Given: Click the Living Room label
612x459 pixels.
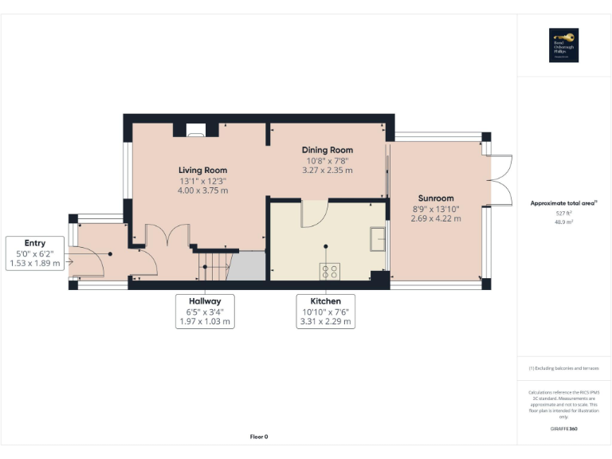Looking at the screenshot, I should pyautogui.click(x=202, y=170).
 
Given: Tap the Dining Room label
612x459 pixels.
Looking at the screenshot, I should pyautogui.click(x=327, y=150).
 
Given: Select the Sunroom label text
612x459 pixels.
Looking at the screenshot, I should pyautogui.click(x=436, y=198).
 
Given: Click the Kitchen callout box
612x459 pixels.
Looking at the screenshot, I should pyautogui.click(x=324, y=312).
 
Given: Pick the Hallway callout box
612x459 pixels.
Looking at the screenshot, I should pyautogui.click(x=205, y=312).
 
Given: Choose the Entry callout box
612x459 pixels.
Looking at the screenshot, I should pyautogui.click(x=35, y=253).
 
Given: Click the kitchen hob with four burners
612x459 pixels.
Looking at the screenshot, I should pyautogui.click(x=329, y=271).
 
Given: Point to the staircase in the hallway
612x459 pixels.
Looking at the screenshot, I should pyautogui.click(x=214, y=265).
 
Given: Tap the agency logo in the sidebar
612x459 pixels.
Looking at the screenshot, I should pyautogui.click(x=563, y=45).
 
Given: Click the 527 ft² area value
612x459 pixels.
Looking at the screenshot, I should pyautogui.click(x=563, y=214).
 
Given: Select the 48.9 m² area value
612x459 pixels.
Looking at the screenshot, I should pyautogui.click(x=563, y=223).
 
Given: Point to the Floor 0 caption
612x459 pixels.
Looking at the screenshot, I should pyautogui.click(x=259, y=437).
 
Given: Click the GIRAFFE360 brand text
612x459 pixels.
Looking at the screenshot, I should pyautogui.click(x=563, y=430).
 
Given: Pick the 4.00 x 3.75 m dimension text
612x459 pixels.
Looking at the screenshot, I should pyautogui.click(x=202, y=190).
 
